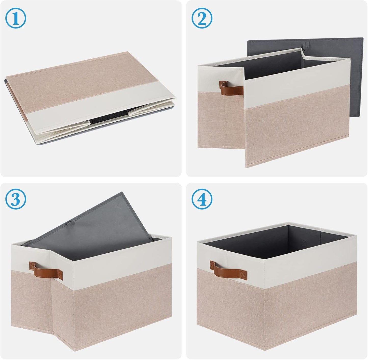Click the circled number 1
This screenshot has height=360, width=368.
click(16, 18)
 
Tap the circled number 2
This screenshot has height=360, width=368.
click(202, 18)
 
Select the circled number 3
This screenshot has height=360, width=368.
click(16, 200)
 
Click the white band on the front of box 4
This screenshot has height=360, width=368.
click(306, 265)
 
